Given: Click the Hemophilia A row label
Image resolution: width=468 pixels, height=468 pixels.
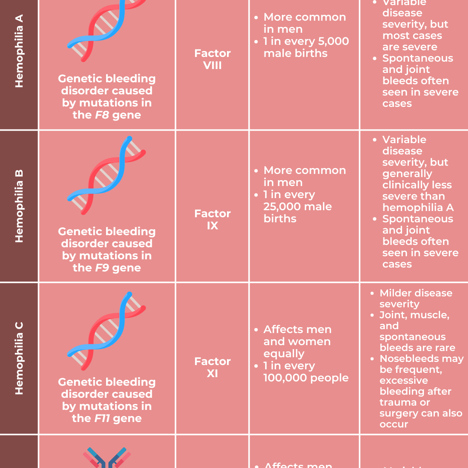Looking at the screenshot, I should (x=19, y=51).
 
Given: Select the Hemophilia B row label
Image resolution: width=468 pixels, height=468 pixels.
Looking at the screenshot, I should (x=19, y=206).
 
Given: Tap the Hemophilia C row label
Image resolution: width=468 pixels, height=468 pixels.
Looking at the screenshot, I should (x=19, y=358).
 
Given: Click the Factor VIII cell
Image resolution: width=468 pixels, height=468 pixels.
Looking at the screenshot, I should (x=213, y=59).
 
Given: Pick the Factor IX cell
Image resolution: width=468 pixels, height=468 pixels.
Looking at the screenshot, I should (x=213, y=220).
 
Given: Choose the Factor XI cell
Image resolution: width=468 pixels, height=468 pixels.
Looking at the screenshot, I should (x=213, y=367).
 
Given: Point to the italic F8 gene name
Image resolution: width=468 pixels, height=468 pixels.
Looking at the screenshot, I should (x=102, y=115).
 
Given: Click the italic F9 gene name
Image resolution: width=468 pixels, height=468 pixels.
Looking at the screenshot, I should (x=102, y=268).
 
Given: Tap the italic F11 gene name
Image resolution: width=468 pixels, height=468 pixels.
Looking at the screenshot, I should (x=102, y=418).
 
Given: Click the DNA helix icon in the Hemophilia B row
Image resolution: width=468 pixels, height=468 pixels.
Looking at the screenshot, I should (x=106, y=175).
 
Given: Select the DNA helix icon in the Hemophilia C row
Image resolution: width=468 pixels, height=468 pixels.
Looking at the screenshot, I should (x=106, y=331).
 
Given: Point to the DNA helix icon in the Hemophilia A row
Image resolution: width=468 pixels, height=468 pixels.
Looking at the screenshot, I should (x=106, y=27).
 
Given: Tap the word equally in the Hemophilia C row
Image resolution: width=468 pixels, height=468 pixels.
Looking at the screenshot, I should (x=284, y=354).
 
